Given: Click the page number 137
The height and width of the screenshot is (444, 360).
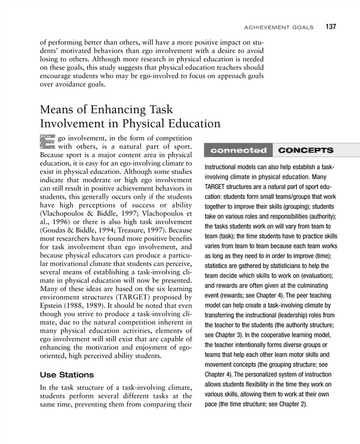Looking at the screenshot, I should pyautogui.click(x=331, y=27).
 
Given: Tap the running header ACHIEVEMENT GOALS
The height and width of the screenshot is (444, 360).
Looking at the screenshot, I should pyautogui.click(x=280, y=27).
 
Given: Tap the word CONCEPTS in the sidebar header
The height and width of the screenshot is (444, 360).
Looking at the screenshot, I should pyautogui.click(x=305, y=150).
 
